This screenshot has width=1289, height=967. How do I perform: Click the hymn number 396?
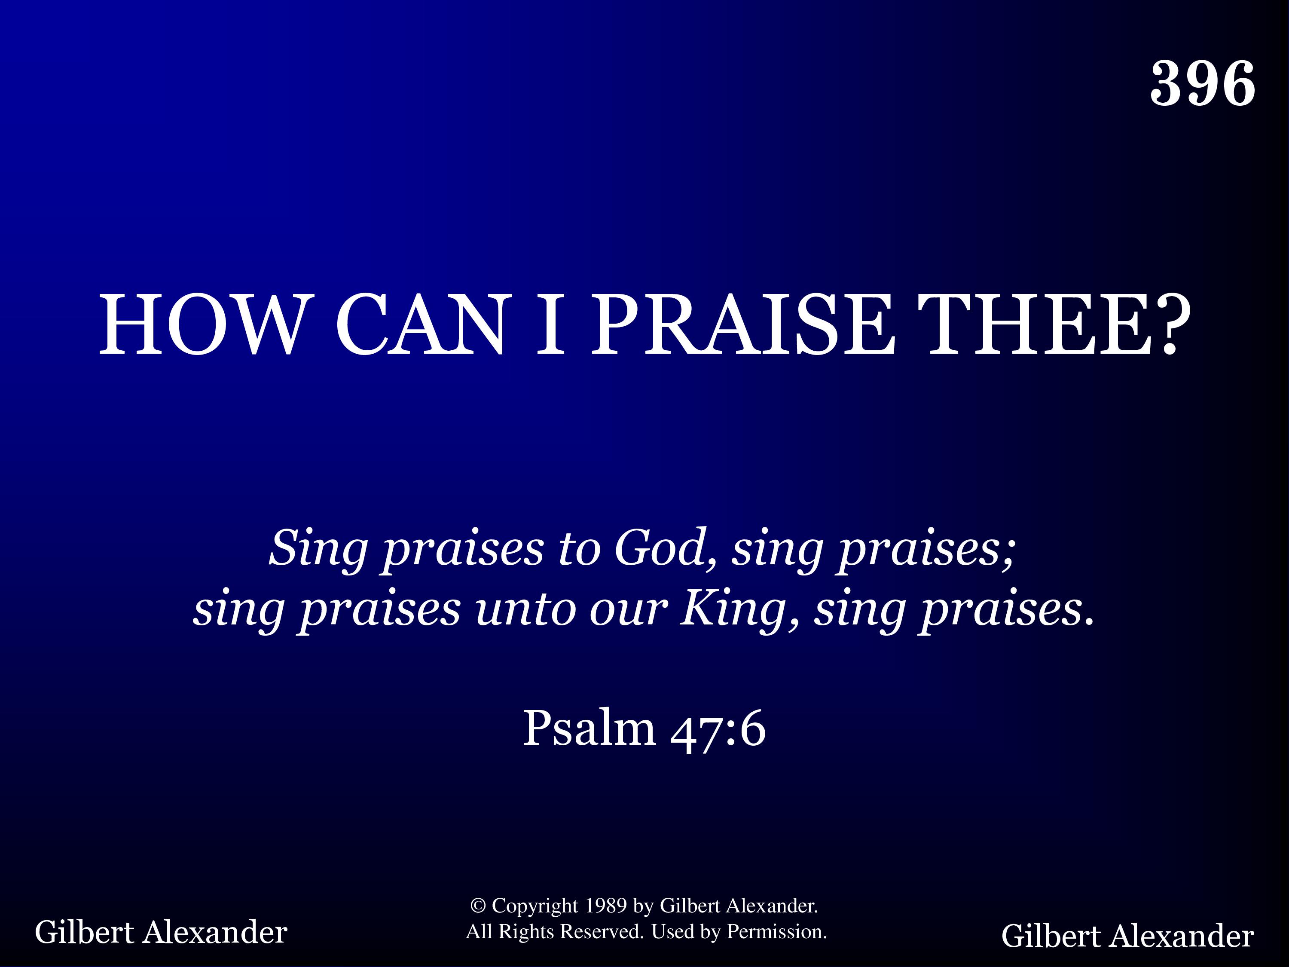point(1203,83)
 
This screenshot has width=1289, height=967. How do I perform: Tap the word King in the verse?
point(734,609)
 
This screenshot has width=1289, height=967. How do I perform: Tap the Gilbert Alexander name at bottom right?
point(1127,936)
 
